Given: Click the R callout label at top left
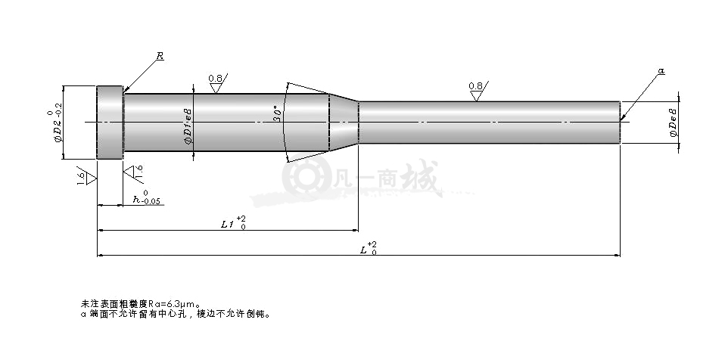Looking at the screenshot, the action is [160, 57].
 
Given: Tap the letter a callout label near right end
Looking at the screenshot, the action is [661, 70].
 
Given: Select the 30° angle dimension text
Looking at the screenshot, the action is [278, 113].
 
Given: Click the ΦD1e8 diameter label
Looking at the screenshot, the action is [188, 126].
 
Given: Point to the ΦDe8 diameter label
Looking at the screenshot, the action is [674, 122].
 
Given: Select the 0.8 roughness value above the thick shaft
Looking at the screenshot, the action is [216, 78].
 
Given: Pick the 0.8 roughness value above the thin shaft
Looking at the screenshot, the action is [475, 86].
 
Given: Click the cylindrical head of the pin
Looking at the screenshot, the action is [110, 123].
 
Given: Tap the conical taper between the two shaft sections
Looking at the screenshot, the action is [344, 123].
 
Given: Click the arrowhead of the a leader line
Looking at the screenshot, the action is [623, 117].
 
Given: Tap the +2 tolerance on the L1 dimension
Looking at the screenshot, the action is [241, 218].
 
